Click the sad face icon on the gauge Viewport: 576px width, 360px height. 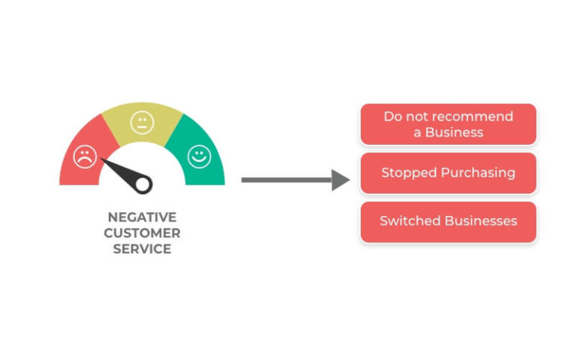click(x=85, y=157)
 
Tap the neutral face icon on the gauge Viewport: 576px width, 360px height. click(x=142, y=123)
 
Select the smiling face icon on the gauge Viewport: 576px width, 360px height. click(x=199, y=157)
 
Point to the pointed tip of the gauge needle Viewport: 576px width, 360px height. click(x=101, y=159)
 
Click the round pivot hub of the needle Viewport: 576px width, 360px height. click(x=143, y=184)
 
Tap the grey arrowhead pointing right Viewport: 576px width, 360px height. click(x=340, y=180)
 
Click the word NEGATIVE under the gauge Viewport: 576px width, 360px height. click(x=142, y=217)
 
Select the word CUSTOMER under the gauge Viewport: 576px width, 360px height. click(x=142, y=233)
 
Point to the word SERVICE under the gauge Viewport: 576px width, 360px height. click(x=142, y=249)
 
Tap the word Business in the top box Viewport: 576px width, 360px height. click(x=454, y=132)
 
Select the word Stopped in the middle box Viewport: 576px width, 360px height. click(x=409, y=173)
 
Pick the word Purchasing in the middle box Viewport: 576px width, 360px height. click(x=478, y=173)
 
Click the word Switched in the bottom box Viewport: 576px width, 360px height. click(x=410, y=220)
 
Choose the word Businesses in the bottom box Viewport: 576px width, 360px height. click(x=481, y=220)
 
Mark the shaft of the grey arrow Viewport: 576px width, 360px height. click(x=286, y=180)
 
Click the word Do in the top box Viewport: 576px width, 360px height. click(x=393, y=116)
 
